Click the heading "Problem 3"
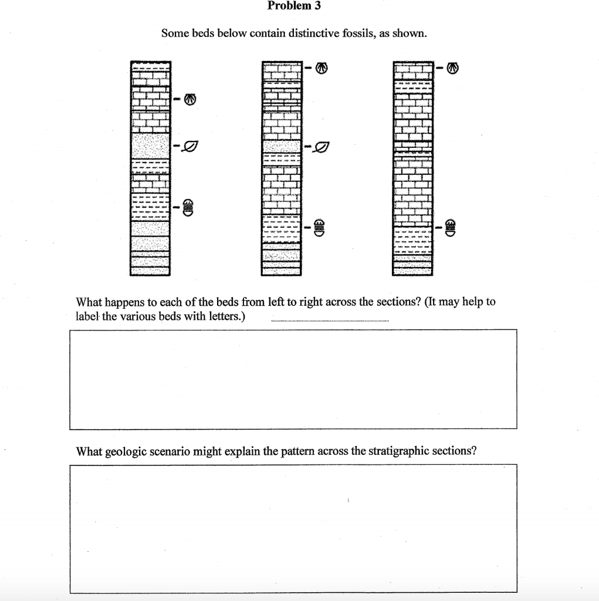pos(294,6)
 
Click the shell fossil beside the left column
pos(189,100)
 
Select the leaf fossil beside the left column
pos(189,144)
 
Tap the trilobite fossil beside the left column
pos(188,207)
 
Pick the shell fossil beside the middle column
pos(321,68)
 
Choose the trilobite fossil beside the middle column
pos(320,226)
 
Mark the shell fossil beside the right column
pos(451,68)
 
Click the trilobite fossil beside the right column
pos(451,226)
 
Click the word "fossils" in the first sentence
pos(364,34)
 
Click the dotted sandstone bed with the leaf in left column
pos(150,145)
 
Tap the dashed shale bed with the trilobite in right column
pos(412,237)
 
